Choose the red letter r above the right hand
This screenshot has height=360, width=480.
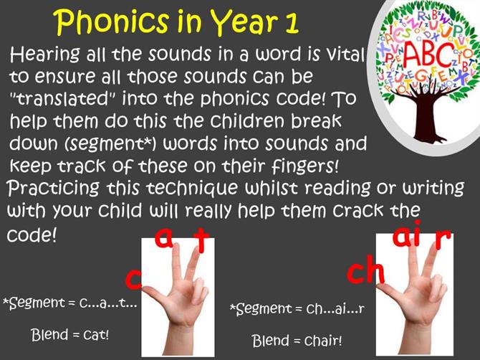coord(442,238)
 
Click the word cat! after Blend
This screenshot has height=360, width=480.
coord(96,335)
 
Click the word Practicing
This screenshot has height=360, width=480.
coord(53,188)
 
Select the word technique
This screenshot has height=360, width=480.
coord(192,189)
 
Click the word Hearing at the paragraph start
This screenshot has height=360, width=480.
coord(45,55)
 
